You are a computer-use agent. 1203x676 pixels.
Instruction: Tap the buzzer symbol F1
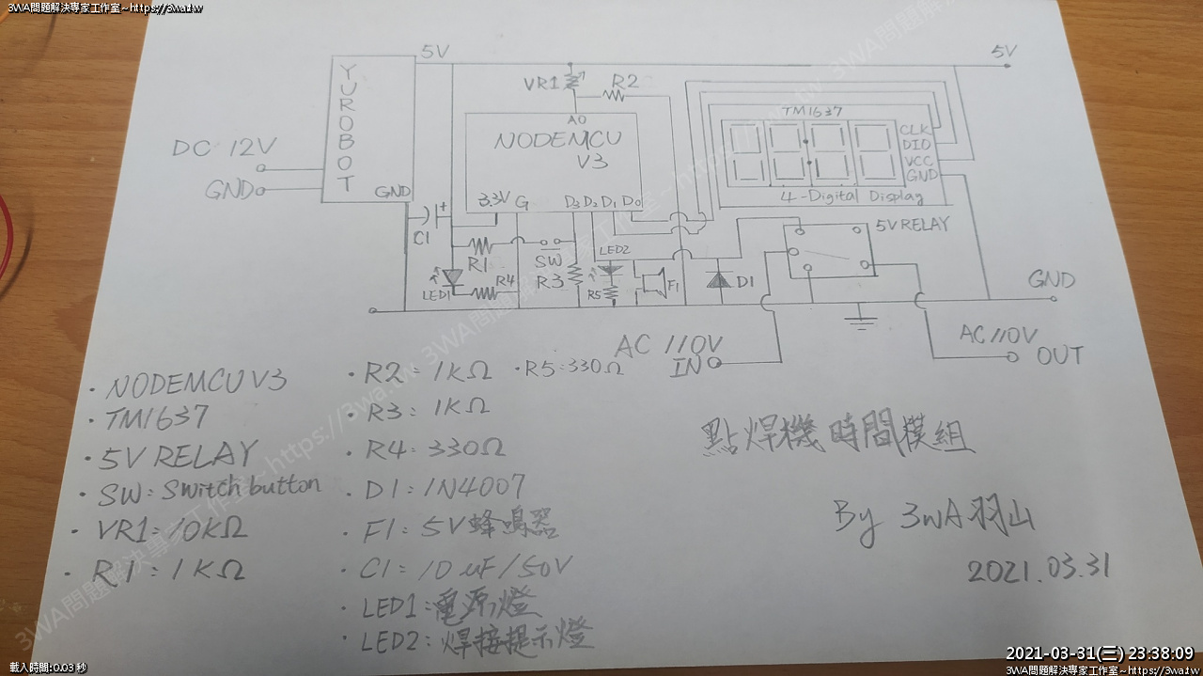pyautogui.click(x=652, y=282)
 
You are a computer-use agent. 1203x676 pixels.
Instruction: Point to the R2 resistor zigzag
pyautogui.click(x=616, y=94)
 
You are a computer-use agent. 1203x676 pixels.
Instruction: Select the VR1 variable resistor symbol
pyautogui.click(x=572, y=83)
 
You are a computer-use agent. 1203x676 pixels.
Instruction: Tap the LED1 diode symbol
pyautogui.click(x=455, y=278)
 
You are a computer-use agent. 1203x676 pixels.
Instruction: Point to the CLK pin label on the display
pyautogui.click(x=914, y=130)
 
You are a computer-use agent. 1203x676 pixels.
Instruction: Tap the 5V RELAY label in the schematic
pyautogui.click(x=912, y=225)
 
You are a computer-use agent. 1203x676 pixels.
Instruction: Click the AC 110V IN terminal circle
pyautogui.click(x=714, y=362)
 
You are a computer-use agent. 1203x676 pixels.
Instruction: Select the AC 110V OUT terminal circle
pyautogui.click(x=1012, y=356)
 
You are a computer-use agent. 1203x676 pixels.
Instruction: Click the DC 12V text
pyautogui.click(x=225, y=149)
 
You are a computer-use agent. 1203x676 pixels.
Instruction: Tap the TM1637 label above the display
pyautogui.click(x=810, y=110)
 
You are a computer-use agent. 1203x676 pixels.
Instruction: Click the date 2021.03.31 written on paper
pyautogui.click(x=1039, y=568)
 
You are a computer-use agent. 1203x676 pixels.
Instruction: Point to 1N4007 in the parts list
pyautogui.click(x=474, y=488)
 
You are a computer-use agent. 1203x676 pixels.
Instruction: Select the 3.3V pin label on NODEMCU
pyautogui.click(x=494, y=199)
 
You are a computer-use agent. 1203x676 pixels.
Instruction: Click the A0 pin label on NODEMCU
pyautogui.click(x=576, y=120)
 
